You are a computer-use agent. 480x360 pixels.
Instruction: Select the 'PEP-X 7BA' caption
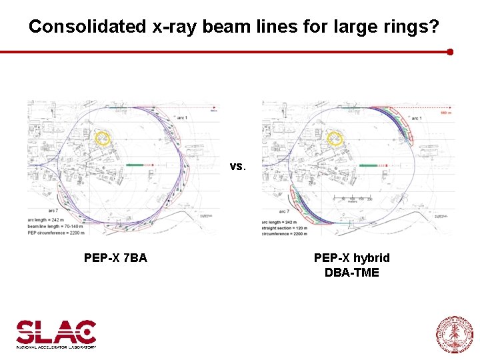(x=115, y=258)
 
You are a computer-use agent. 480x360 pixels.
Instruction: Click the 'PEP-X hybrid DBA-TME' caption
(x=351, y=265)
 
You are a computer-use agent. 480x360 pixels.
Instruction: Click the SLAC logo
(x=57, y=333)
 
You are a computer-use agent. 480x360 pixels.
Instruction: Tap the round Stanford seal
(x=454, y=334)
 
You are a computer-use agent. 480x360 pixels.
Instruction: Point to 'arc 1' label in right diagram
(x=417, y=118)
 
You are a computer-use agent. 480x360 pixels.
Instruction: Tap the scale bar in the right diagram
(x=353, y=199)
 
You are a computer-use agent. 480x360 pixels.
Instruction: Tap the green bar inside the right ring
(x=369, y=164)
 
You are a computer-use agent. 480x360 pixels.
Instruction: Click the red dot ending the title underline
(x=450, y=51)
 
